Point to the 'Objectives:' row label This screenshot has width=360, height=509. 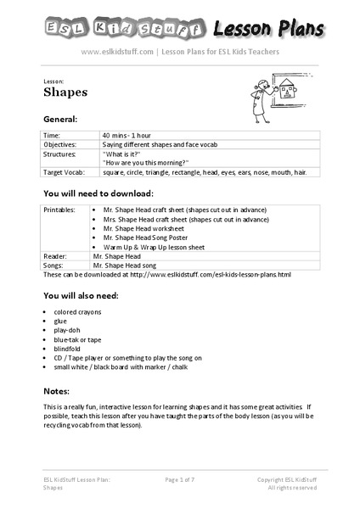61,144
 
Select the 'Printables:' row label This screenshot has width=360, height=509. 60,209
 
